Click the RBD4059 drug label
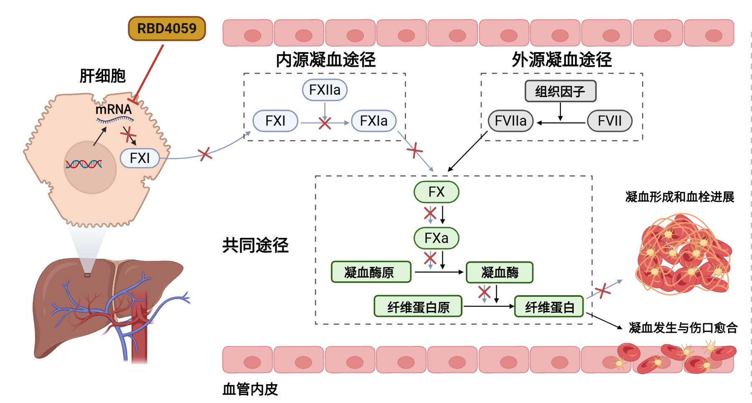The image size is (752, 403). (167, 28)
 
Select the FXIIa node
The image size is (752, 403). (325, 90)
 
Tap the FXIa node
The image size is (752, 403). (373, 121)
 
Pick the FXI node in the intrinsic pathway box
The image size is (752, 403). (275, 121)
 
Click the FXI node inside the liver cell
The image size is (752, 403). (140, 158)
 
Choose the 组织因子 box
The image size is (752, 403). (560, 91)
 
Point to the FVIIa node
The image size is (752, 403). (511, 121)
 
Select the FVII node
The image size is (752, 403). (610, 121)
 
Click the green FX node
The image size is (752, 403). (436, 192)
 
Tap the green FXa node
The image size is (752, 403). (436, 238)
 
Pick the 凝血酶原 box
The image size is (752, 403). (371, 272)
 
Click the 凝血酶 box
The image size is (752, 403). (500, 272)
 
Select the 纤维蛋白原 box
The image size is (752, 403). (418, 306)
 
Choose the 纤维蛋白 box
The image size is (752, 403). (549, 306)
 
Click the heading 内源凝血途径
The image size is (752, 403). (325, 60)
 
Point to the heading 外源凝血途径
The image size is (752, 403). (561, 60)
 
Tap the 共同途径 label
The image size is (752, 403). (255, 245)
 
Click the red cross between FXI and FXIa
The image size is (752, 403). (325, 123)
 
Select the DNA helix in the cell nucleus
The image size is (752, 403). (84, 164)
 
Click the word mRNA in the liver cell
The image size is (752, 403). (113, 110)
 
